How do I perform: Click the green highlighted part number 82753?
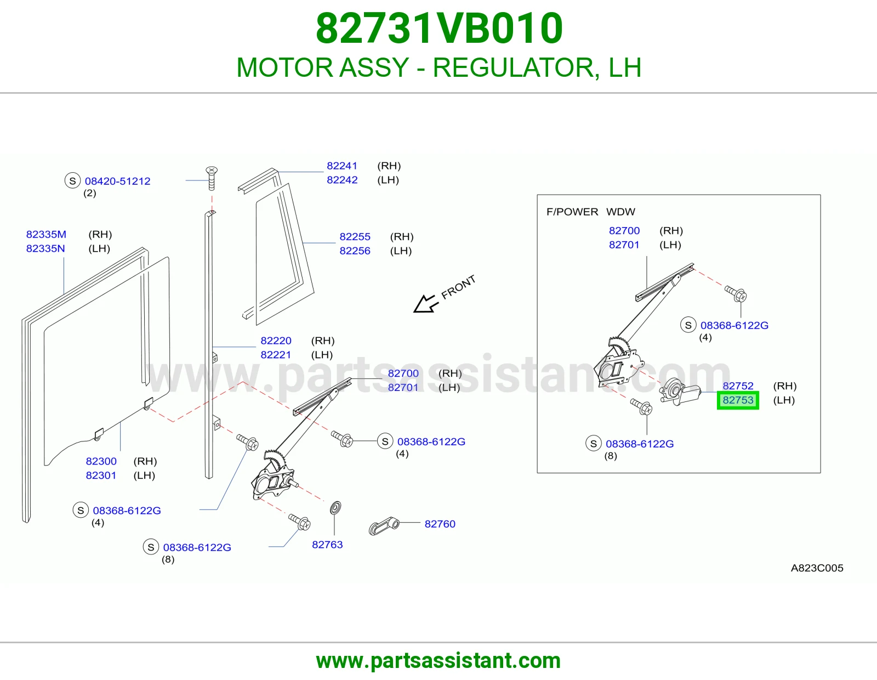[x=738, y=400]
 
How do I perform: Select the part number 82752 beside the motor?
[x=738, y=386]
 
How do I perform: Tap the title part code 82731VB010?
[x=439, y=28]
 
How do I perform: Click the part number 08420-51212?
[x=117, y=181]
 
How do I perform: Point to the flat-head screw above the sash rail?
[x=212, y=178]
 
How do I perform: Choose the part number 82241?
[x=342, y=166]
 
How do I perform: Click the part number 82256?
[x=355, y=251]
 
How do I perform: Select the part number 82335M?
[x=46, y=234]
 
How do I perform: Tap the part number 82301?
[x=101, y=475]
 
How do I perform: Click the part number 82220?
[x=276, y=341]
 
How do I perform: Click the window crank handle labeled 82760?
[x=383, y=526]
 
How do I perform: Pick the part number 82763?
[x=327, y=545]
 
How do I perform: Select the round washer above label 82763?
[x=335, y=508]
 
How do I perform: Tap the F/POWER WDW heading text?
[x=590, y=212]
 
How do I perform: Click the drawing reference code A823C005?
[x=817, y=568]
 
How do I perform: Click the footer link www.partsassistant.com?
[x=438, y=661]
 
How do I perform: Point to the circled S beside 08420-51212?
[x=73, y=180]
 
